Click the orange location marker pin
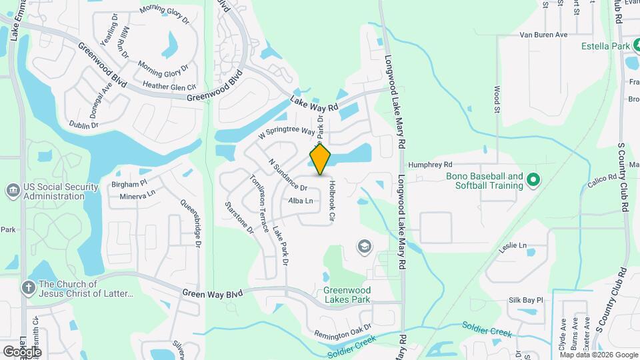point(320,159)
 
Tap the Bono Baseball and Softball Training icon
point(533,180)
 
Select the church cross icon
point(28,287)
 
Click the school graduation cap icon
point(364,247)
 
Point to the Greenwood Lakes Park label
point(346,294)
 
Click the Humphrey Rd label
point(431,164)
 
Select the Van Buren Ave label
point(543,35)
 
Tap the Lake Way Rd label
point(315,104)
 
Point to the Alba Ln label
point(300,201)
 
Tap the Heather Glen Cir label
point(169,86)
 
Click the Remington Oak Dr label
point(343,329)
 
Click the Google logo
point(22,351)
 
